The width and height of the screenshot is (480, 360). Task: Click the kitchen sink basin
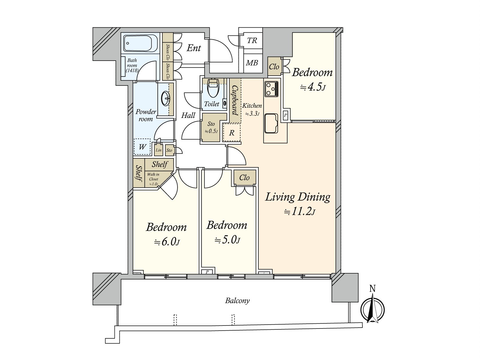(x=271, y=123)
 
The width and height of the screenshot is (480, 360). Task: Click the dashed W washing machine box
(x=142, y=147)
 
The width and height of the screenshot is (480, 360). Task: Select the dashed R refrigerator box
(x=232, y=133)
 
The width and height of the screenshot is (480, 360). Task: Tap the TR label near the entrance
(x=252, y=40)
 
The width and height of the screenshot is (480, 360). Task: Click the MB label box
(x=252, y=63)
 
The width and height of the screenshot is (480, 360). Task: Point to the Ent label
(x=194, y=48)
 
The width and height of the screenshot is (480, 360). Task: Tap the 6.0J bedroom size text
(x=167, y=242)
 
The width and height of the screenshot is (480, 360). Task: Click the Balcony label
(x=237, y=301)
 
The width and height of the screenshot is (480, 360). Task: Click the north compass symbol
(x=372, y=309)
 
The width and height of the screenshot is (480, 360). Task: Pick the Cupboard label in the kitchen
(x=235, y=100)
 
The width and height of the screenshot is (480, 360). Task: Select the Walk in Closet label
(x=153, y=179)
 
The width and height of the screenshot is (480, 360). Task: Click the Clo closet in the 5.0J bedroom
(x=244, y=178)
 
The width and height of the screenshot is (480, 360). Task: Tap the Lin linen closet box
(x=158, y=150)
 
